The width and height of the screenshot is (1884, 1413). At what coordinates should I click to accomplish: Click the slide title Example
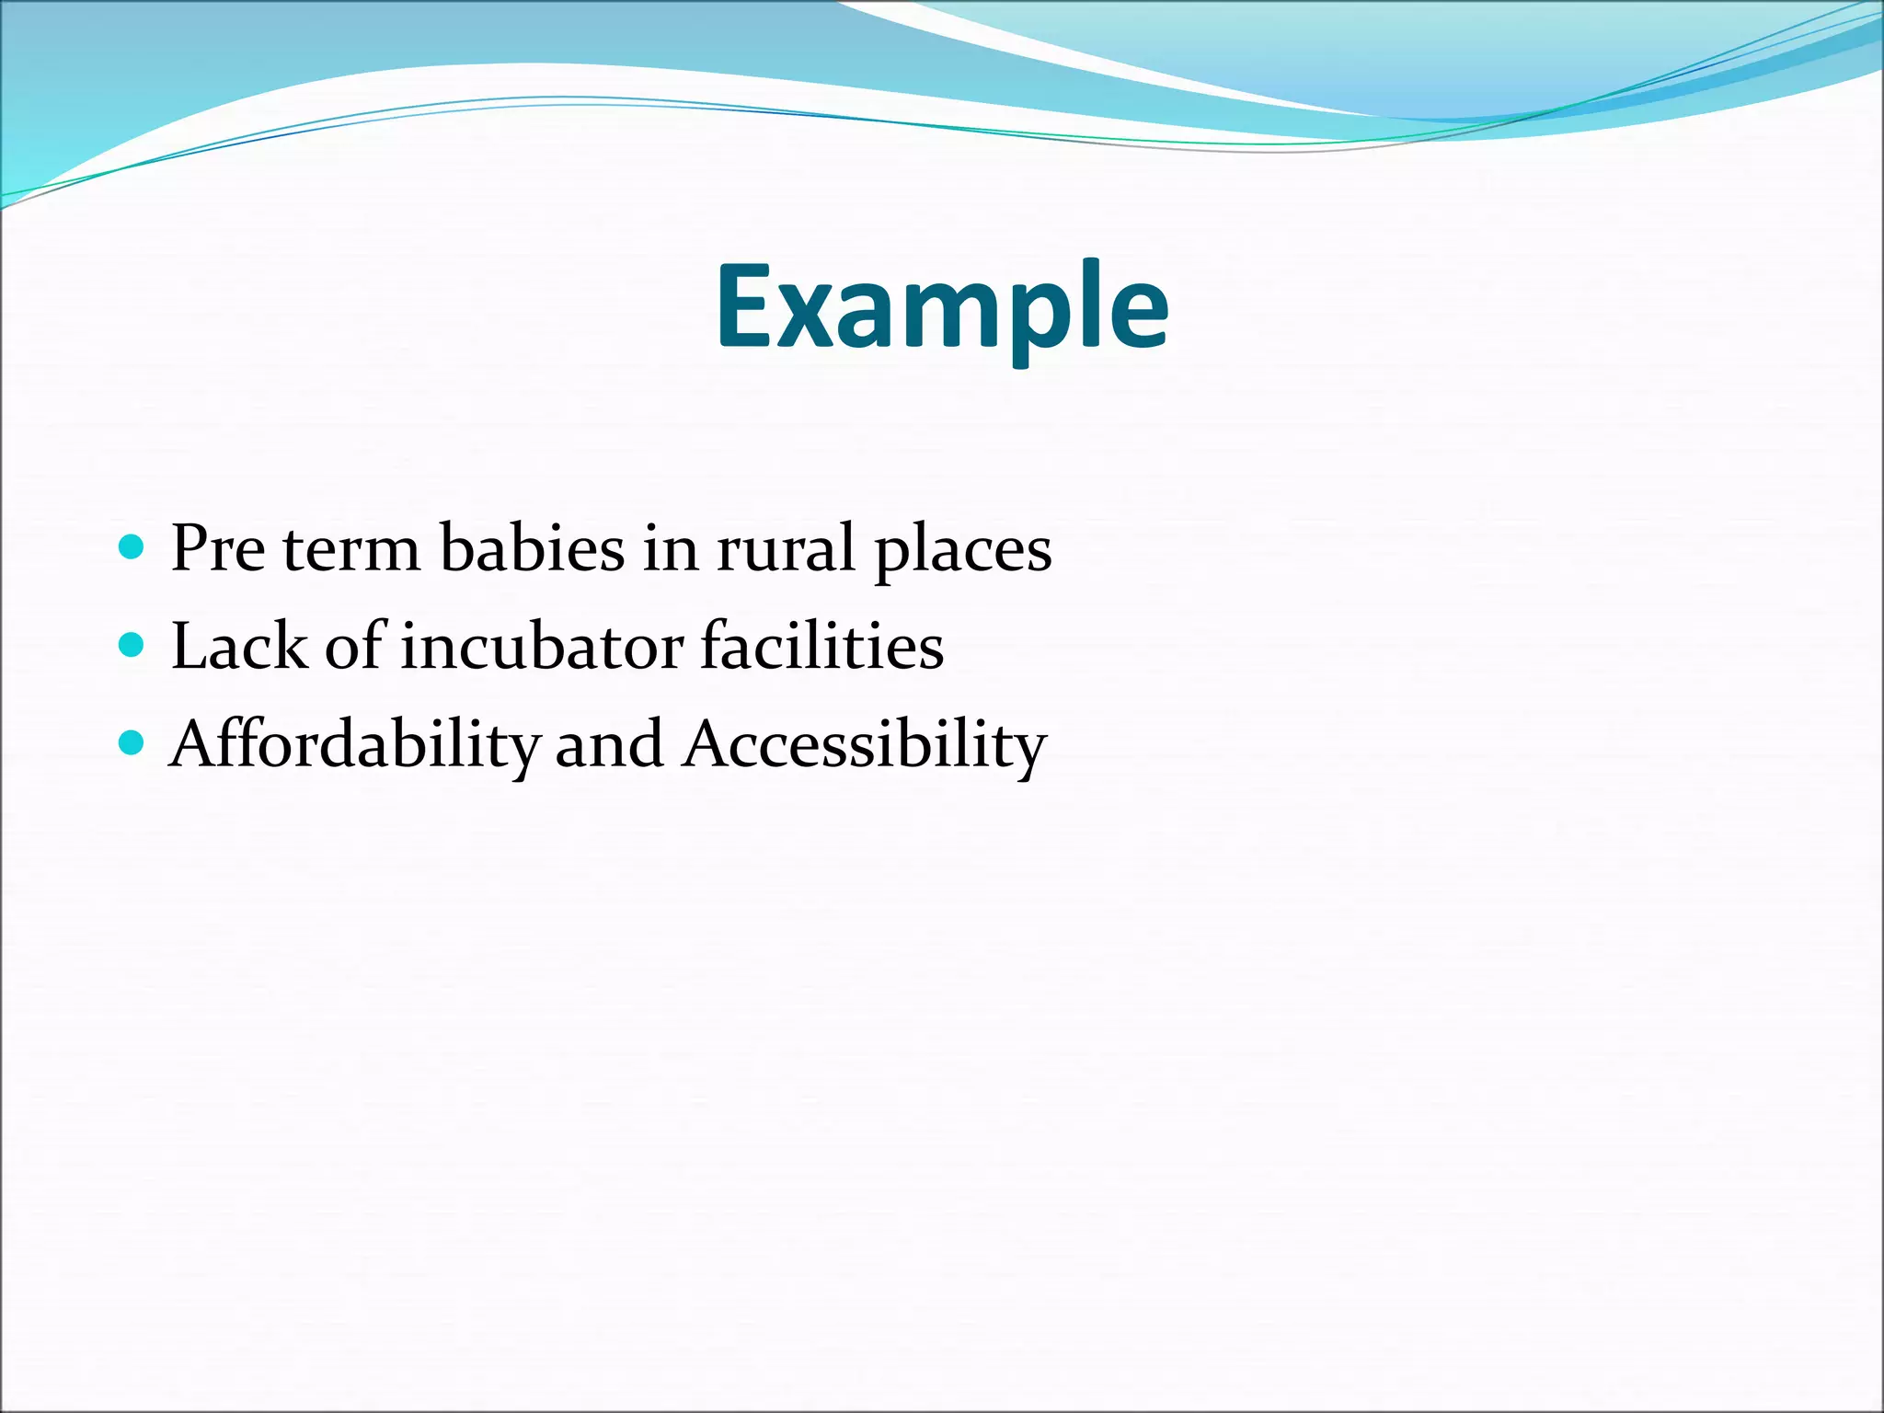point(942,308)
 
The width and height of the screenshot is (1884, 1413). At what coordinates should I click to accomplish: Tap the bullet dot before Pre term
point(132,548)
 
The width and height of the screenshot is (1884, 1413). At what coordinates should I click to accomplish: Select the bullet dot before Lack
point(132,645)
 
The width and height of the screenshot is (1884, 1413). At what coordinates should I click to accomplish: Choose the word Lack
point(239,646)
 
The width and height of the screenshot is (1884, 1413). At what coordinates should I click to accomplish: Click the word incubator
point(542,646)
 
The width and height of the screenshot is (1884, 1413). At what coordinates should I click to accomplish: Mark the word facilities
point(821,646)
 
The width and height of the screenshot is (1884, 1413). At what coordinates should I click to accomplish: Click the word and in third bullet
point(609,743)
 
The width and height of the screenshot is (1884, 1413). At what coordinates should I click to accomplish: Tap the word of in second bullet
point(352,646)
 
